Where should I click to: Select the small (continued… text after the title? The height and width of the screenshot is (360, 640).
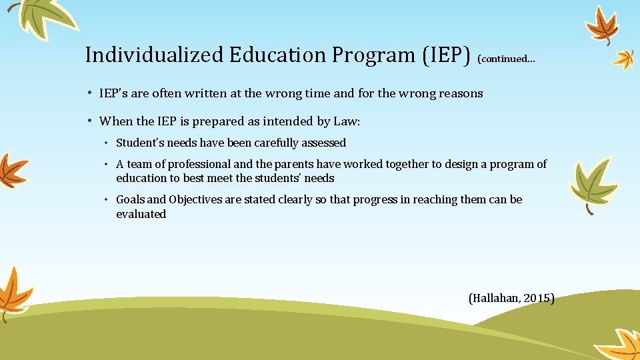coord(506,59)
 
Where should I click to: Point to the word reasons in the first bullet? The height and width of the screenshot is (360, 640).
coord(461,93)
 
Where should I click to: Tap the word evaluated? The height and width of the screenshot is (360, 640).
coord(141,214)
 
